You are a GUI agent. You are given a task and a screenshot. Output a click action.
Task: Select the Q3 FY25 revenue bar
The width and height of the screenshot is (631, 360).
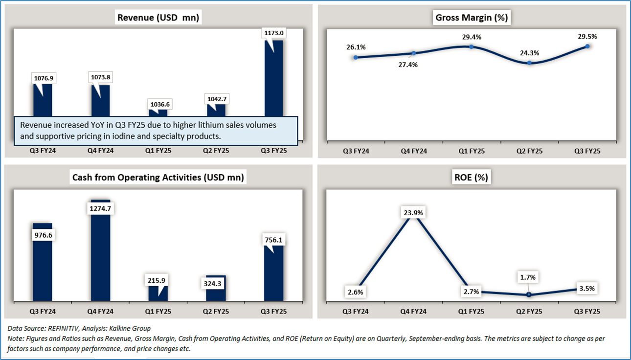pos(273,78)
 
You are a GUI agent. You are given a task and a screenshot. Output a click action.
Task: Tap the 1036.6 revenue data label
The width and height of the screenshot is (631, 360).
pos(158,104)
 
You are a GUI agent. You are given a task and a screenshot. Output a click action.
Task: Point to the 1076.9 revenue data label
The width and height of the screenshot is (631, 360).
pos(43,77)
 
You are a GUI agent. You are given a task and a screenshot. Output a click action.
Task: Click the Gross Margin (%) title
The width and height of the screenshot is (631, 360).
pos(472,18)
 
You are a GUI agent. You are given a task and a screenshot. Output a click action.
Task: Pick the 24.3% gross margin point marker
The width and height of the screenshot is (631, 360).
pos(530,63)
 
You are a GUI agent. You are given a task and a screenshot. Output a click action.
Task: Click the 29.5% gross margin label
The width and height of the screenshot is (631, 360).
pos(587,36)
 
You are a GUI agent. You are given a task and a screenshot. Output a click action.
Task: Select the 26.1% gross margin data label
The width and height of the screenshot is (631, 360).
pos(356,47)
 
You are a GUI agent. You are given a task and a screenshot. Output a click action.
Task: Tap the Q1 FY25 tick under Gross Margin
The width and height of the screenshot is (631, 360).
pos(472,151)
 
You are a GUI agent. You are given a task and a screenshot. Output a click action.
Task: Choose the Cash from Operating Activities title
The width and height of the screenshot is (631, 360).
pos(158,178)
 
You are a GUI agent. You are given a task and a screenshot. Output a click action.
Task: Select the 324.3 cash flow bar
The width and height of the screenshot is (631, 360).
pos(216,289)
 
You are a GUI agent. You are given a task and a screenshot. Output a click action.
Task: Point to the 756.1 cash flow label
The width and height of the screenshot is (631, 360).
pos(273,240)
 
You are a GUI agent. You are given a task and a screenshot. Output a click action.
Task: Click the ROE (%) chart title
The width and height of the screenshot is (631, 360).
pos(472,178)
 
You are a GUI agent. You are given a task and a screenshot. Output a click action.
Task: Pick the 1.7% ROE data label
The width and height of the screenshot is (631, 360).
pos(529,277)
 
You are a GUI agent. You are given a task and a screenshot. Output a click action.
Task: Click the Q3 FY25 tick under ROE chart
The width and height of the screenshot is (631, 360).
pos(587,311)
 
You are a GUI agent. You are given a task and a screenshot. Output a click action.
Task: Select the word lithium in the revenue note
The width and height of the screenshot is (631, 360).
pos(180,125)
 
